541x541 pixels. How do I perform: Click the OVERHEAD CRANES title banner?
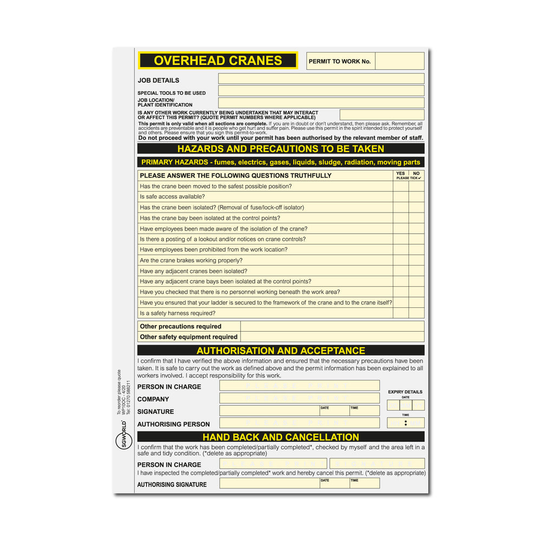(217, 60)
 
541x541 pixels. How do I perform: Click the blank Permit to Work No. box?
(399, 61)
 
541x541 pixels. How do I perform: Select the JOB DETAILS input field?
(321, 79)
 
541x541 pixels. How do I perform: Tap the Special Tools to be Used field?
(321, 91)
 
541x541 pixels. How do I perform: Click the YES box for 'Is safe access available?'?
(400, 197)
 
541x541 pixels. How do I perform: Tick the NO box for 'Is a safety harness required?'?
(416, 313)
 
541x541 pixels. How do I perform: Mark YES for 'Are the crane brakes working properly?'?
(400, 260)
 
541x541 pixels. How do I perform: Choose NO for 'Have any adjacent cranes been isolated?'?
(416, 271)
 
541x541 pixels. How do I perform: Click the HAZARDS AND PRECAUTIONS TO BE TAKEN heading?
(281, 149)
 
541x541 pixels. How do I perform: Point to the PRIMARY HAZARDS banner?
(281, 162)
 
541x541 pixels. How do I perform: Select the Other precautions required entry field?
(332, 326)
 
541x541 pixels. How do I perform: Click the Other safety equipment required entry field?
(332, 337)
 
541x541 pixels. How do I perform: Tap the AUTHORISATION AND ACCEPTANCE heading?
(281, 351)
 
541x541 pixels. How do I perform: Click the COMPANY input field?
(299, 398)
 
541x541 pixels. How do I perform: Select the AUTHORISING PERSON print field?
(299, 423)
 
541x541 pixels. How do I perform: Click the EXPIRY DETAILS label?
(405, 392)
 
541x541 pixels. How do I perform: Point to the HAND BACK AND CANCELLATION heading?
(281, 437)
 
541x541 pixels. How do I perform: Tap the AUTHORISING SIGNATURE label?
(172, 485)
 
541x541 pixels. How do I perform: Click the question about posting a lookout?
(223, 239)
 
